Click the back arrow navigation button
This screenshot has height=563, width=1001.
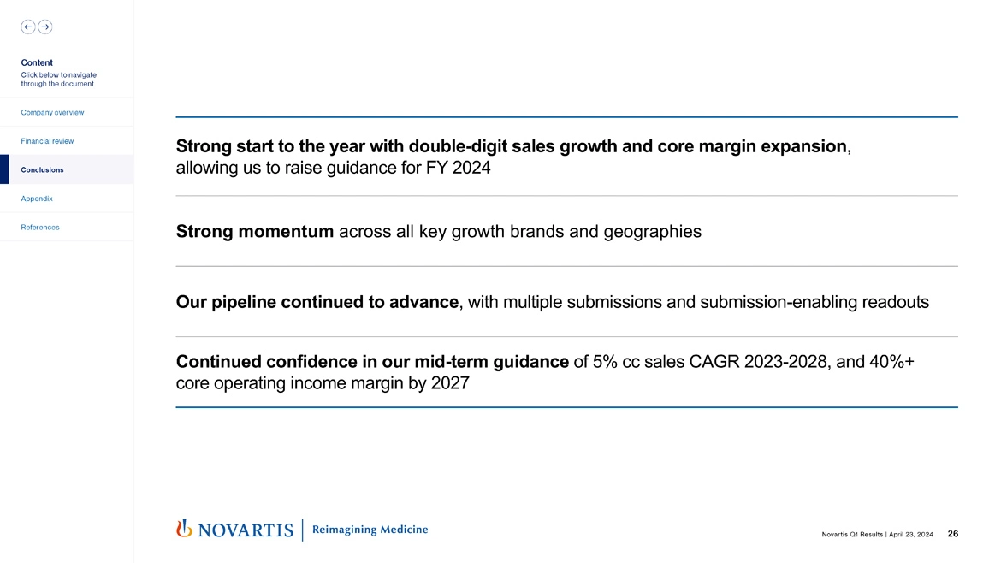click(x=28, y=27)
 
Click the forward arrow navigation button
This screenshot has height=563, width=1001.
click(x=44, y=27)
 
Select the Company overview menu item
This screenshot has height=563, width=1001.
click(x=52, y=112)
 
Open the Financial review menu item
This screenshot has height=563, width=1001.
click(x=47, y=140)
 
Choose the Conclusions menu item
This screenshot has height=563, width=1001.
click(x=42, y=169)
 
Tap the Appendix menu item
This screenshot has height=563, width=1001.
click(x=37, y=199)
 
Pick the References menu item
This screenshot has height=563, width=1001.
click(x=40, y=227)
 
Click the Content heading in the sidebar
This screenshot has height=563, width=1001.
click(x=37, y=62)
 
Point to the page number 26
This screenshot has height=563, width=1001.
click(x=953, y=534)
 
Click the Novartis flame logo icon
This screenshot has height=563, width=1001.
click(x=183, y=530)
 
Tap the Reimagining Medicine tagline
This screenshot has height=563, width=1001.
click(x=370, y=530)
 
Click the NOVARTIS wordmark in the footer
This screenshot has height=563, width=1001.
click(x=246, y=530)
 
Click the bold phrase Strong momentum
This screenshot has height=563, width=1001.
click(x=255, y=231)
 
